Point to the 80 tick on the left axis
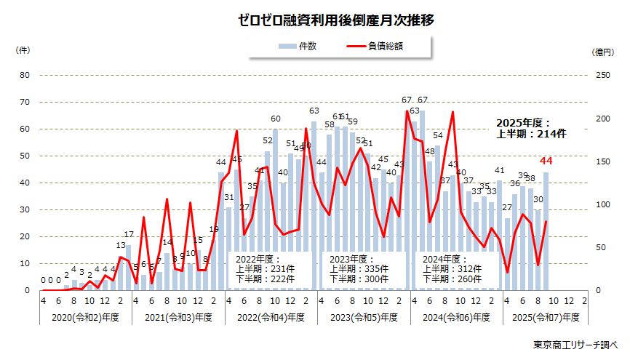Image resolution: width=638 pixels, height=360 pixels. pos(25,75)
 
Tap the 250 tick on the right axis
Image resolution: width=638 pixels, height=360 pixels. pos(599,75)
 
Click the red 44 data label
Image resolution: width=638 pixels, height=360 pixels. pos(546,161)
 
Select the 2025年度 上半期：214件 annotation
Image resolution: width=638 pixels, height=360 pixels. pos(531,128)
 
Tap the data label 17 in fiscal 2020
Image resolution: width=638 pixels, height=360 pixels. pos(128,234)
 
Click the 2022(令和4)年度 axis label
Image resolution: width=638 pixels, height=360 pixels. pos(271,317)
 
